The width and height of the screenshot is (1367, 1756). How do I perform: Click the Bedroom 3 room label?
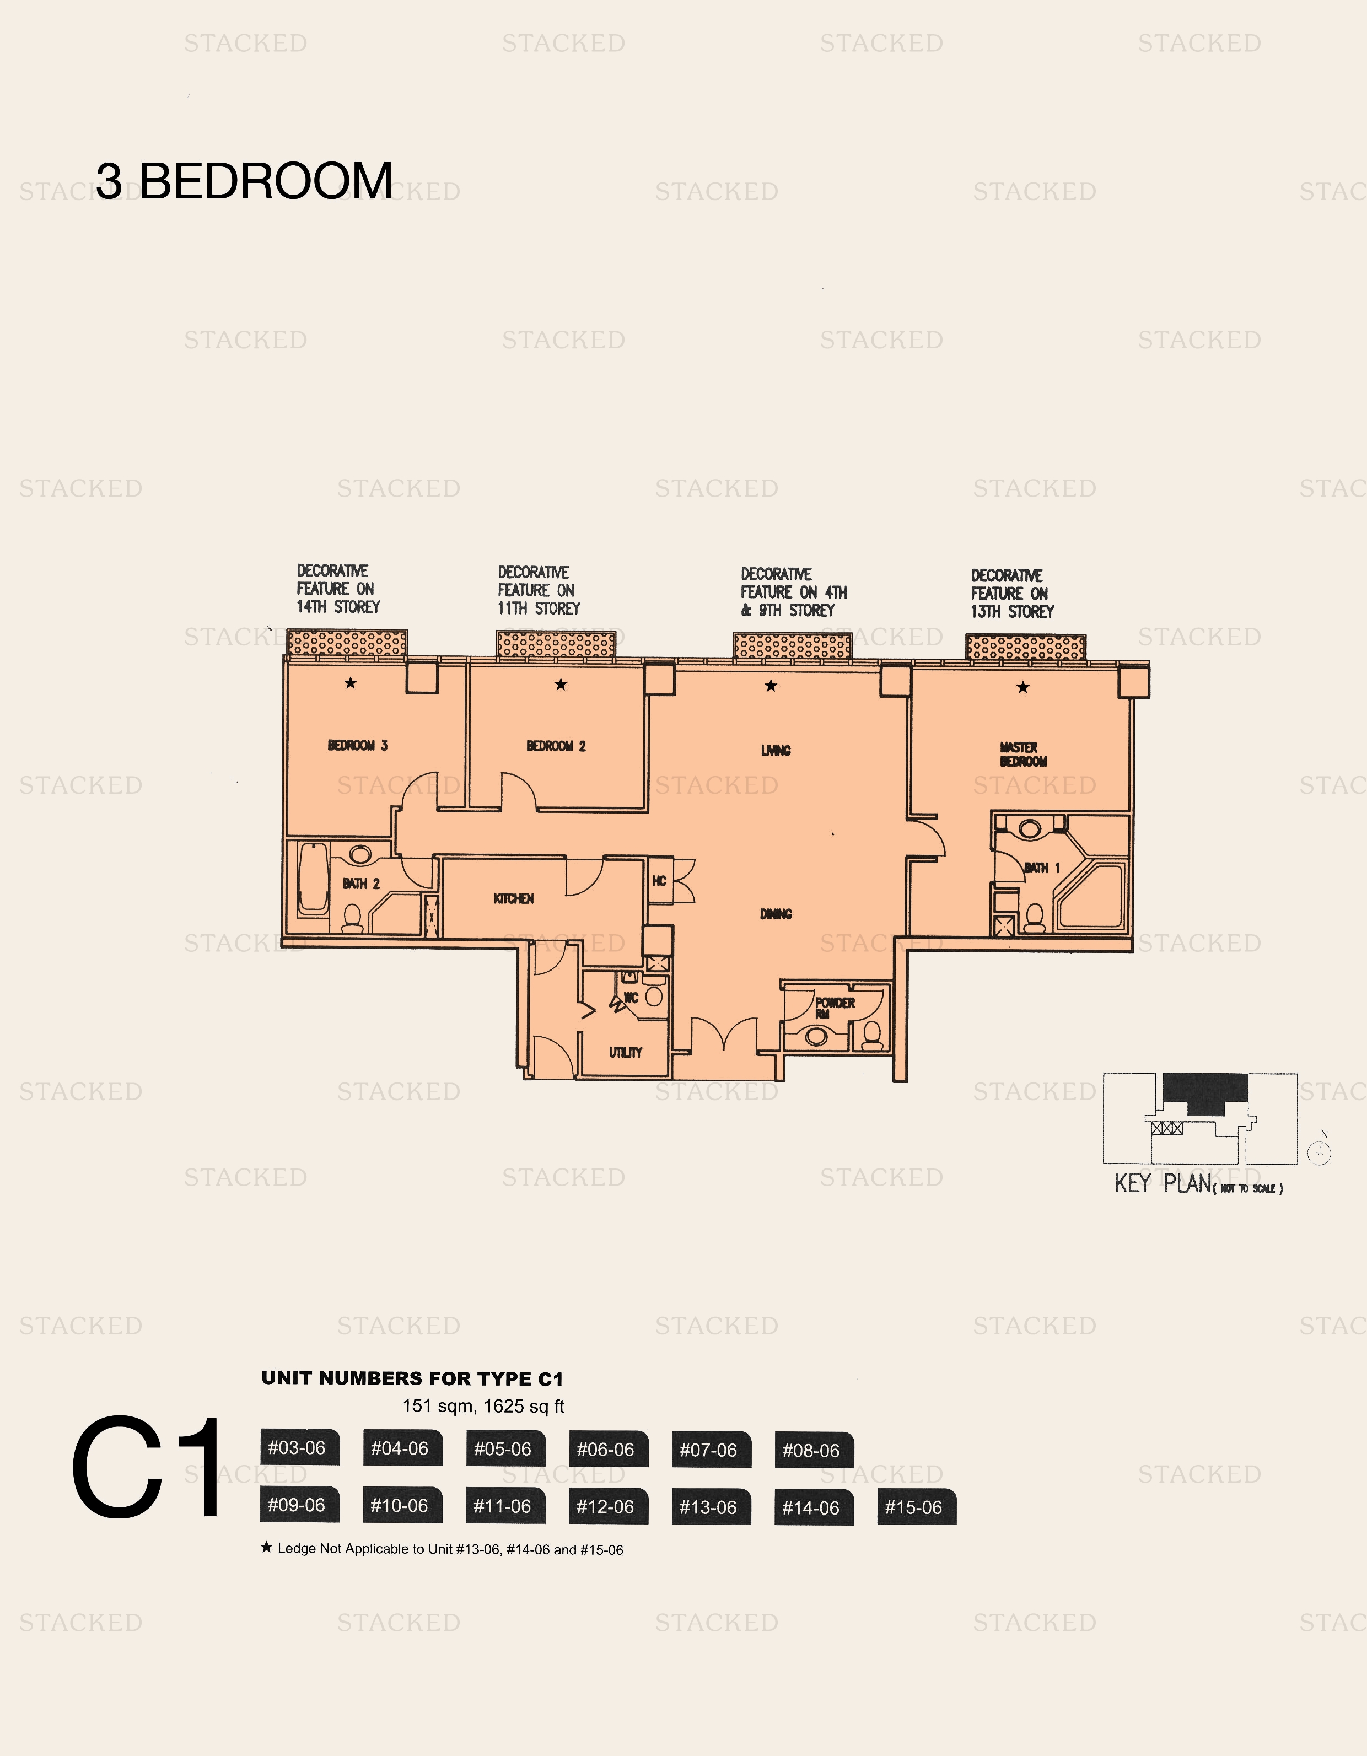tap(357, 745)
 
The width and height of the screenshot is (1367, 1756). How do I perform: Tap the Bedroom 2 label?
tap(556, 746)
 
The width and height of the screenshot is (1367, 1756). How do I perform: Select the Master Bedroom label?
tap(1022, 754)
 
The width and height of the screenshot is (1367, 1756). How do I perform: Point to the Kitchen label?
tap(513, 899)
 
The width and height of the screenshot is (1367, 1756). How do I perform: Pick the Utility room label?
tap(625, 1053)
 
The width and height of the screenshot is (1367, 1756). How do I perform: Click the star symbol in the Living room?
tap(771, 686)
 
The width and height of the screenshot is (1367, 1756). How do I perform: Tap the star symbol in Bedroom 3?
tap(350, 683)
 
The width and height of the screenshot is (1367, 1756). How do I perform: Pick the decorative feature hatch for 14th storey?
tap(347, 643)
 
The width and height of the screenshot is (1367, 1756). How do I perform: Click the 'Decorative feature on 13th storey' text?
tap(1011, 594)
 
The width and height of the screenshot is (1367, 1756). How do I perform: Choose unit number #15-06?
tap(915, 1507)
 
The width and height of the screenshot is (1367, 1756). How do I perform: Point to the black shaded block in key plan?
tap(1204, 1092)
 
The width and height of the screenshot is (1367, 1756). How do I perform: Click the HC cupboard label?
tap(659, 881)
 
